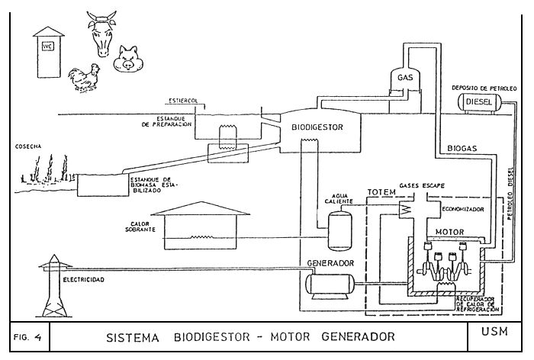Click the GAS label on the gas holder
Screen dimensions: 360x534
(405, 78)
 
